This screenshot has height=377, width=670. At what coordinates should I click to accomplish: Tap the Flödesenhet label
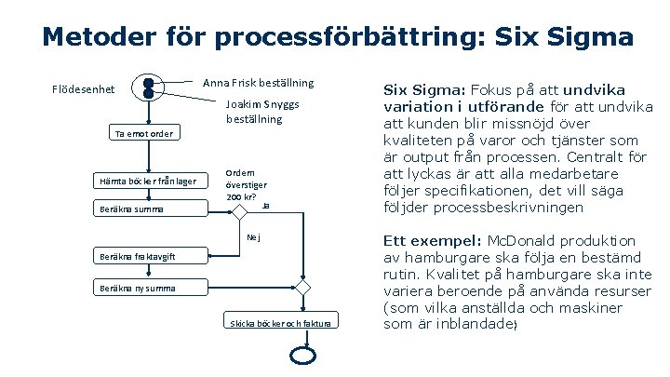(83, 90)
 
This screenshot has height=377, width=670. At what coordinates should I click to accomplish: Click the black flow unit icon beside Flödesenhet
(149, 87)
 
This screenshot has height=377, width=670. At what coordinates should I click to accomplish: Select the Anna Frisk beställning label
(259, 83)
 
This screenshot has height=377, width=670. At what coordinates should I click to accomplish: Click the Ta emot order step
(143, 134)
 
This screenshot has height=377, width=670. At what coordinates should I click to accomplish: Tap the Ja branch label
(265, 205)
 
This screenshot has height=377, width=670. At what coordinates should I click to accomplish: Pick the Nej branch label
(252, 237)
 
